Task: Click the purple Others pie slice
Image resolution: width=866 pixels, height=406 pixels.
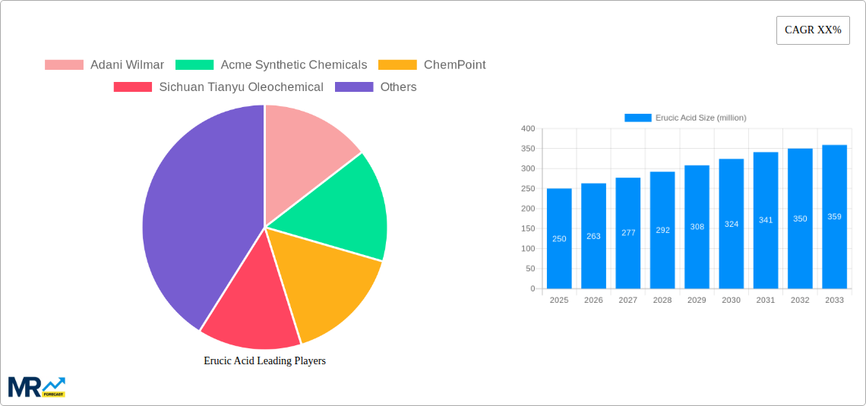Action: pyautogui.click(x=198, y=220)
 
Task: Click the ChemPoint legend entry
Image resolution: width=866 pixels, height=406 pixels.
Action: pyautogui.click(x=454, y=65)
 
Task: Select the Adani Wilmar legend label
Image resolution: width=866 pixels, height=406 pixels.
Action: pyautogui.click(x=126, y=65)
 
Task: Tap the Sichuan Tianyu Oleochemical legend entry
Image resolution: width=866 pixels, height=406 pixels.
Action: pyautogui.click(x=240, y=87)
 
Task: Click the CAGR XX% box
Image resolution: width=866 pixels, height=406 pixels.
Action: pyautogui.click(x=813, y=30)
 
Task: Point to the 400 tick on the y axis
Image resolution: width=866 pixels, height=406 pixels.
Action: pyautogui.click(x=527, y=129)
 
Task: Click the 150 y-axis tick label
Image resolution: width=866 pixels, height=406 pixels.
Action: pyautogui.click(x=527, y=228)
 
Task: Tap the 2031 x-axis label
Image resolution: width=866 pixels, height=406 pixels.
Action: pyautogui.click(x=766, y=300)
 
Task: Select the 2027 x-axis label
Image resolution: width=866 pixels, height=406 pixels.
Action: pyautogui.click(x=628, y=300)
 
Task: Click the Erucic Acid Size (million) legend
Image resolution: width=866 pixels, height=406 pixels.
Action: pyautogui.click(x=685, y=118)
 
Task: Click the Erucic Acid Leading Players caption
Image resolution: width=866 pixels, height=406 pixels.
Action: pyautogui.click(x=264, y=360)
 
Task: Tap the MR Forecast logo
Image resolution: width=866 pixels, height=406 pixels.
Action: pyautogui.click(x=36, y=386)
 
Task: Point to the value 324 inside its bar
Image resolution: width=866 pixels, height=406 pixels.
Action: pyautogui.click(x=732, y=224)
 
